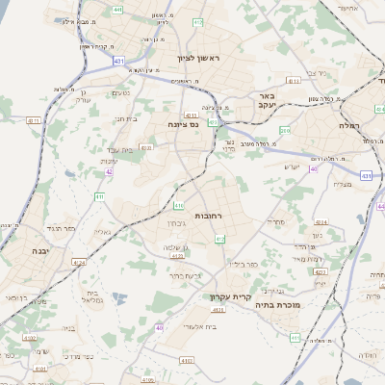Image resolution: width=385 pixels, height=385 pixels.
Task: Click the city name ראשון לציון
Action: pyautogui.click(x=198, y=58)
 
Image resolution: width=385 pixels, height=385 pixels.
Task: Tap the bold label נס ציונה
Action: pyautogui.click(x=183, y=124)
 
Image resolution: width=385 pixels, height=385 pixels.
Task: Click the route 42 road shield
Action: pyautogui.click(x=110, y=172)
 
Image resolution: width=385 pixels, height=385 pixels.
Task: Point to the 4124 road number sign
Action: pyautogui.click(x=80, y=262)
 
